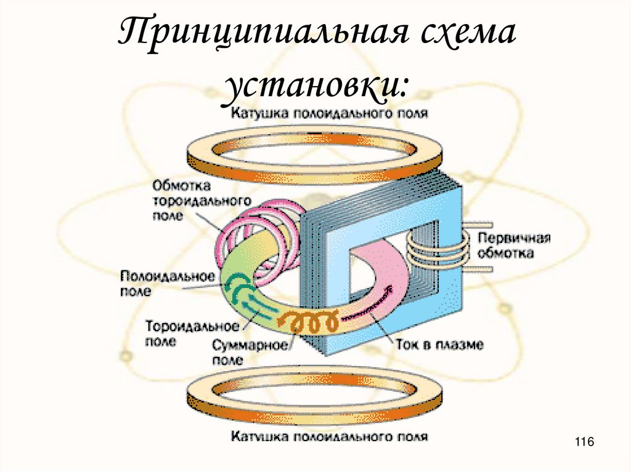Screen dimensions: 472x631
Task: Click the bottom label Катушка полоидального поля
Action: pos(330,437)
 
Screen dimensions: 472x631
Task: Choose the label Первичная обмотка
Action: pos(507,245)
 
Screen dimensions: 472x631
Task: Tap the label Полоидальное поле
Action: pos(167,282)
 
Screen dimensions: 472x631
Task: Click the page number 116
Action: pos(583,442)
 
